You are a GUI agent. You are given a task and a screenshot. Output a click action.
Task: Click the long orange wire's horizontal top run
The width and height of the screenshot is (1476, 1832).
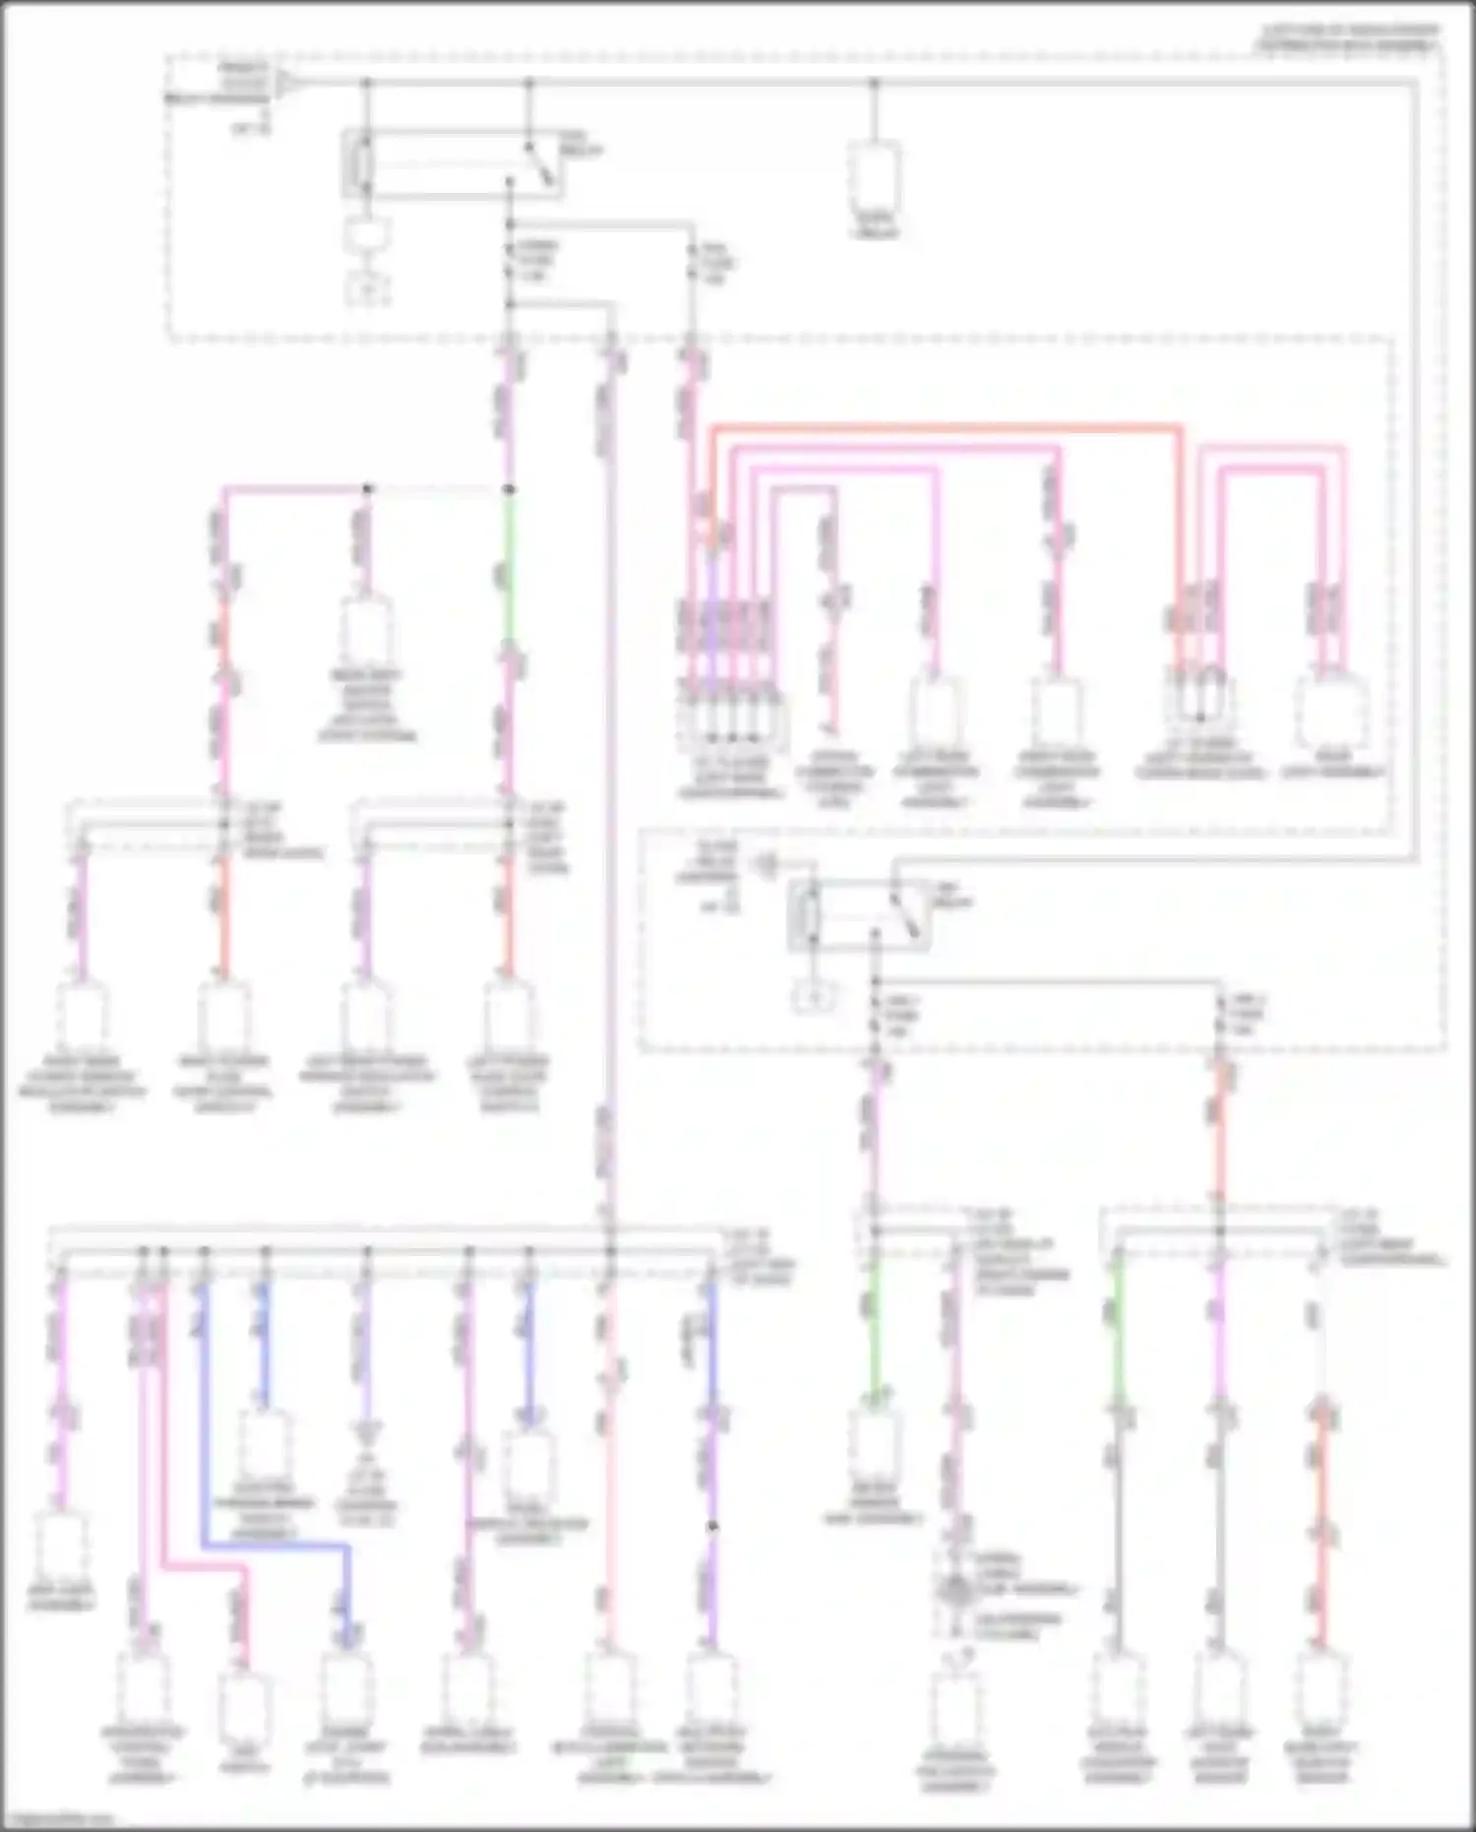[945, 427]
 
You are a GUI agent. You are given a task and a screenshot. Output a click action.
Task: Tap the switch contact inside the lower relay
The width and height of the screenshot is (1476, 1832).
[903, 916]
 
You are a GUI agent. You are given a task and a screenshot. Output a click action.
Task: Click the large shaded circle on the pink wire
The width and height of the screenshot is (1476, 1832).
[954, 1591]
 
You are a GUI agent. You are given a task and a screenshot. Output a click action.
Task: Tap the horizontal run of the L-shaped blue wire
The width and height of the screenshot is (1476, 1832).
[276, 1547]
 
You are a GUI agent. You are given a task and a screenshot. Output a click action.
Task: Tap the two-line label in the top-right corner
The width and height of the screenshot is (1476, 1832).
[1348, 38]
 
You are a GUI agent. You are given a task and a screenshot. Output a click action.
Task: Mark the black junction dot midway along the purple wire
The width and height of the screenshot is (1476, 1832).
[712, 1527]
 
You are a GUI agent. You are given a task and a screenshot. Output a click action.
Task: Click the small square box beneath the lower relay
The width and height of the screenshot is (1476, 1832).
[816, 999]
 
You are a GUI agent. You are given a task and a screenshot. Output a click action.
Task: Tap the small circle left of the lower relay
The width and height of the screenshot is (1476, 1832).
[767, 866]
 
